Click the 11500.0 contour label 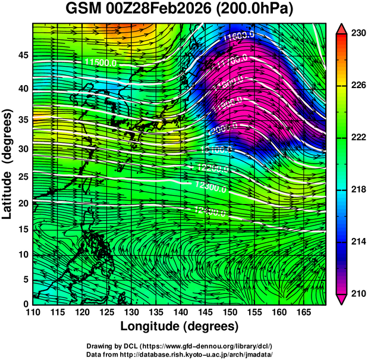(x=100, y=62)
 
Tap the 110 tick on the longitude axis (x=33, y=312)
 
